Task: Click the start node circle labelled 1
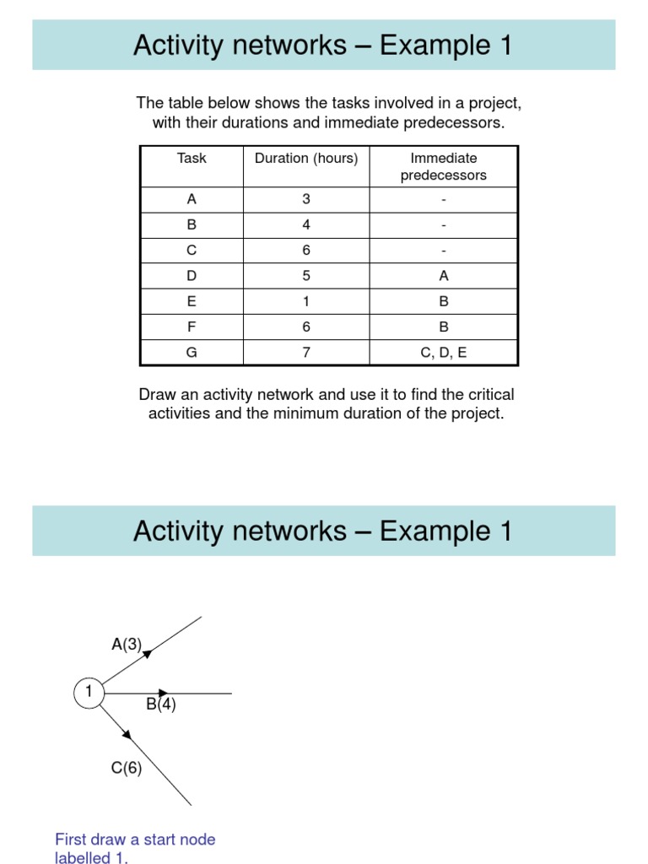[x=88, y=693]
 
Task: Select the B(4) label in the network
[x=161, y=705]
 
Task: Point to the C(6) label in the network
[x=127, y=769]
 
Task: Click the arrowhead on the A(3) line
[x=148, y=652]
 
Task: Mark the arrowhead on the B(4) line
[x=164, y=693]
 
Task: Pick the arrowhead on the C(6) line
[x=127, y=734]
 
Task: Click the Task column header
[x=192, y=158]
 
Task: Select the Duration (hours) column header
[x=306, y=158]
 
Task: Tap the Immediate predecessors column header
[x=443, y=167]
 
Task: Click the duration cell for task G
[x=306, y=353]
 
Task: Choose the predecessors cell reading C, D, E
[x=443, y=353]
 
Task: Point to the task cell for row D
[x=192, y=276]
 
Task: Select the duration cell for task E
[x=306, y=301]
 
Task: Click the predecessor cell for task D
[x=443, y=276]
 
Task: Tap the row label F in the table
[x=192, y=327]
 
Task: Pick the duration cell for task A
[x=306, y=200]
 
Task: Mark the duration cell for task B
[x=306, y=225]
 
